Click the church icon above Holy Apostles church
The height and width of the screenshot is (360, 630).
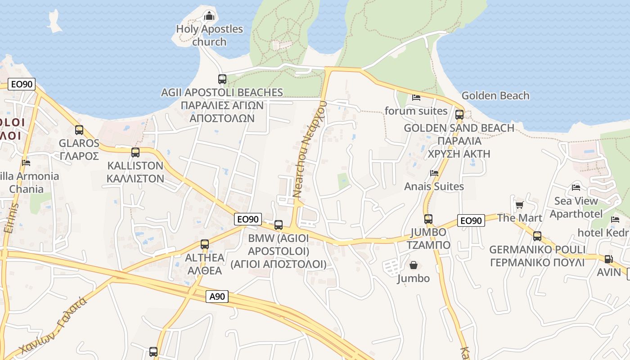209,17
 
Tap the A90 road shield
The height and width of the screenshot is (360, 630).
217,297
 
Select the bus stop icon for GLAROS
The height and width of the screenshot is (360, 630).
79,130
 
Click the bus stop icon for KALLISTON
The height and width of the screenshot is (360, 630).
135,153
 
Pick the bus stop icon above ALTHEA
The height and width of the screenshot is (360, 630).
205,244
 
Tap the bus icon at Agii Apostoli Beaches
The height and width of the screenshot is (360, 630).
222,79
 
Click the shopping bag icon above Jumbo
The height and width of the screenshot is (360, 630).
413,265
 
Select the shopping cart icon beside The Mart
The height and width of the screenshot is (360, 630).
519,205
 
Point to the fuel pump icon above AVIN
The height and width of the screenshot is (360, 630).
608,259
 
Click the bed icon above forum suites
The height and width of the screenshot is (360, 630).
416,97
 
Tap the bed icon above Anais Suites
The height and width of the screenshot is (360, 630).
434,173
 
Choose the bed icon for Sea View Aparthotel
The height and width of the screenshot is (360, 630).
576,188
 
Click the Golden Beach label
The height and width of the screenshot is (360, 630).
495,96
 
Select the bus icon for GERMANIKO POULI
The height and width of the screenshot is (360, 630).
537,236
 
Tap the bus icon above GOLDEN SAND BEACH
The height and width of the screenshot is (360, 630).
459,114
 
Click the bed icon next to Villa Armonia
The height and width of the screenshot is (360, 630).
26,162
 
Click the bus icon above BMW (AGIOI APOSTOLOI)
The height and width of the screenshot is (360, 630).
279,225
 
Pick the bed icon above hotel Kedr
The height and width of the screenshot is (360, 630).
615,220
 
